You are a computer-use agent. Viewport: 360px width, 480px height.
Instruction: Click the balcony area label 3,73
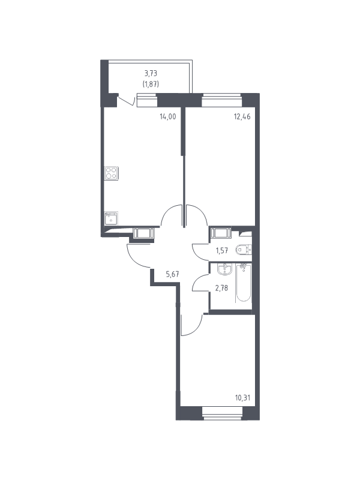point(151,73)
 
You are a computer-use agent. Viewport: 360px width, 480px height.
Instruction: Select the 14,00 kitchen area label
point(168,116)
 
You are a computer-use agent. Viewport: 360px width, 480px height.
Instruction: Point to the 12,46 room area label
point(242,116)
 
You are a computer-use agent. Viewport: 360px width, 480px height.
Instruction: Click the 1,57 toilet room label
point(222,250)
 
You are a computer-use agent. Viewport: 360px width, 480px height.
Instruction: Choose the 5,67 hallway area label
point(172,274)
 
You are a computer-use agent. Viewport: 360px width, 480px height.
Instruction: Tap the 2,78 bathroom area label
point(221,288)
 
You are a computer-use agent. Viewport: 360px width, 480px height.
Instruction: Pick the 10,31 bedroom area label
point(243,398)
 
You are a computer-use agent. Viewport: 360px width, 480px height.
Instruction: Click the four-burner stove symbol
point(111,173)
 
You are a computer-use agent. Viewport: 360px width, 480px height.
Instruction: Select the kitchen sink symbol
point(111,218)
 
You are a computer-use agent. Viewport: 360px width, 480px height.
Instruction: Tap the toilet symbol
point(244,250)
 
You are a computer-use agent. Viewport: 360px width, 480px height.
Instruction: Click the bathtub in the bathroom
point(244,282)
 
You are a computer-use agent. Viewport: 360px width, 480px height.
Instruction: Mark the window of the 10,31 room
point(222,413)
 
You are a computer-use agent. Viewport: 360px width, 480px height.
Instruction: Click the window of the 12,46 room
point(222,100)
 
